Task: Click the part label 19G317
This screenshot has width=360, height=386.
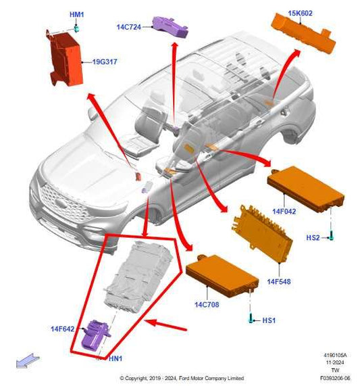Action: [x=104, y=62]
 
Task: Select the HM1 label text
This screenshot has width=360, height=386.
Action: [x=77, y=15]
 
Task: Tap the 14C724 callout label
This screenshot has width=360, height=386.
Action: [x=128, y=27]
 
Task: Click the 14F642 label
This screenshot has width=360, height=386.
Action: [x=62, y=329]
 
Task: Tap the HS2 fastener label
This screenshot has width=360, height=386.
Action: [x=313, y=238]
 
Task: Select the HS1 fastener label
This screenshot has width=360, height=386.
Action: [x=268, y=319]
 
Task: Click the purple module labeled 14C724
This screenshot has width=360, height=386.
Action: [x=170, y=26]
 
